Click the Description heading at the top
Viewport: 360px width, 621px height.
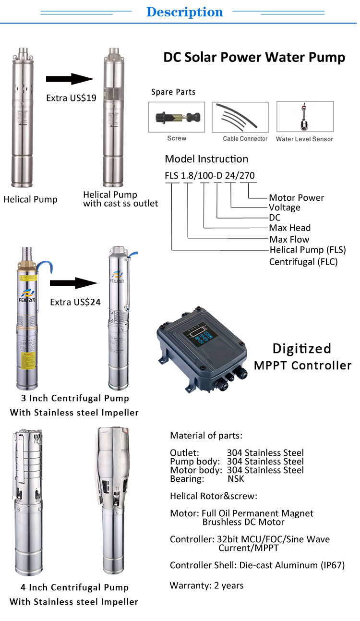(184, 12)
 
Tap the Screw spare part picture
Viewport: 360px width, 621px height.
(177, 117)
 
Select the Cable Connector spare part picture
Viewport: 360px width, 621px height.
(240, 117)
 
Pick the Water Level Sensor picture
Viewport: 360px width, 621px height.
(305, 117)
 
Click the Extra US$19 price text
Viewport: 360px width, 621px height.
(71, 98)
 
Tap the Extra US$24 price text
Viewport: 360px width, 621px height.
(75, 303)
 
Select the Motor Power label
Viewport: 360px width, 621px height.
(296, 197)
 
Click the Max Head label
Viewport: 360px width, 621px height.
(289, 228)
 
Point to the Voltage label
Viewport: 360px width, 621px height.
(285, 207)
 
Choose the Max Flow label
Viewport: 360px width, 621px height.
(289, 239)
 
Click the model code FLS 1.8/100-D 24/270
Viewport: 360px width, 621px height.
(210, 176)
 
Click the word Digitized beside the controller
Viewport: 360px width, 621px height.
(302, 348)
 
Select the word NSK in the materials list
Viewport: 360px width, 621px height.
(236, 479)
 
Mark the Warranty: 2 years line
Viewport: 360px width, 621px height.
(206, 585)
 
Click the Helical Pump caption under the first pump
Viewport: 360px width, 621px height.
(30, 199)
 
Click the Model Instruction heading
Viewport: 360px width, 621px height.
(206, 159)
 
